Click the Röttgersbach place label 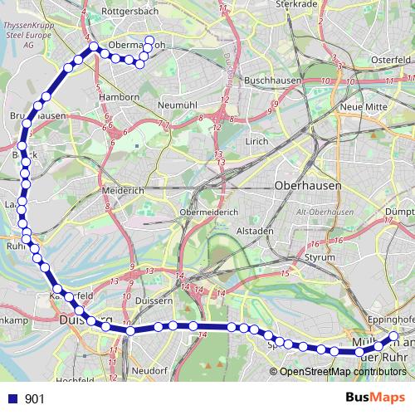tap(129, 12)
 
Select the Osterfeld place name tap(392, 60)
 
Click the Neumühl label tap(176, 105)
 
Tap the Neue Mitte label tap(364, 107)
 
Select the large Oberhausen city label tap(308, 187)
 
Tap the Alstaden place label tap(255, 230)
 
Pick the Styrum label tap(320, 258)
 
